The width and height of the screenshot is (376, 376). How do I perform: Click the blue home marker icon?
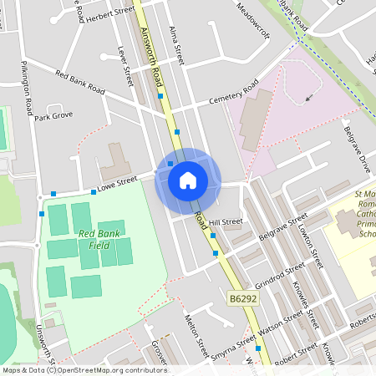click(x=188, y=180)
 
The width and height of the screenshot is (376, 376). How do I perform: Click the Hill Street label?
click(x=226, y=222)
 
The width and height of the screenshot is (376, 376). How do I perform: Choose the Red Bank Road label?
click(x=80, y=82)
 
